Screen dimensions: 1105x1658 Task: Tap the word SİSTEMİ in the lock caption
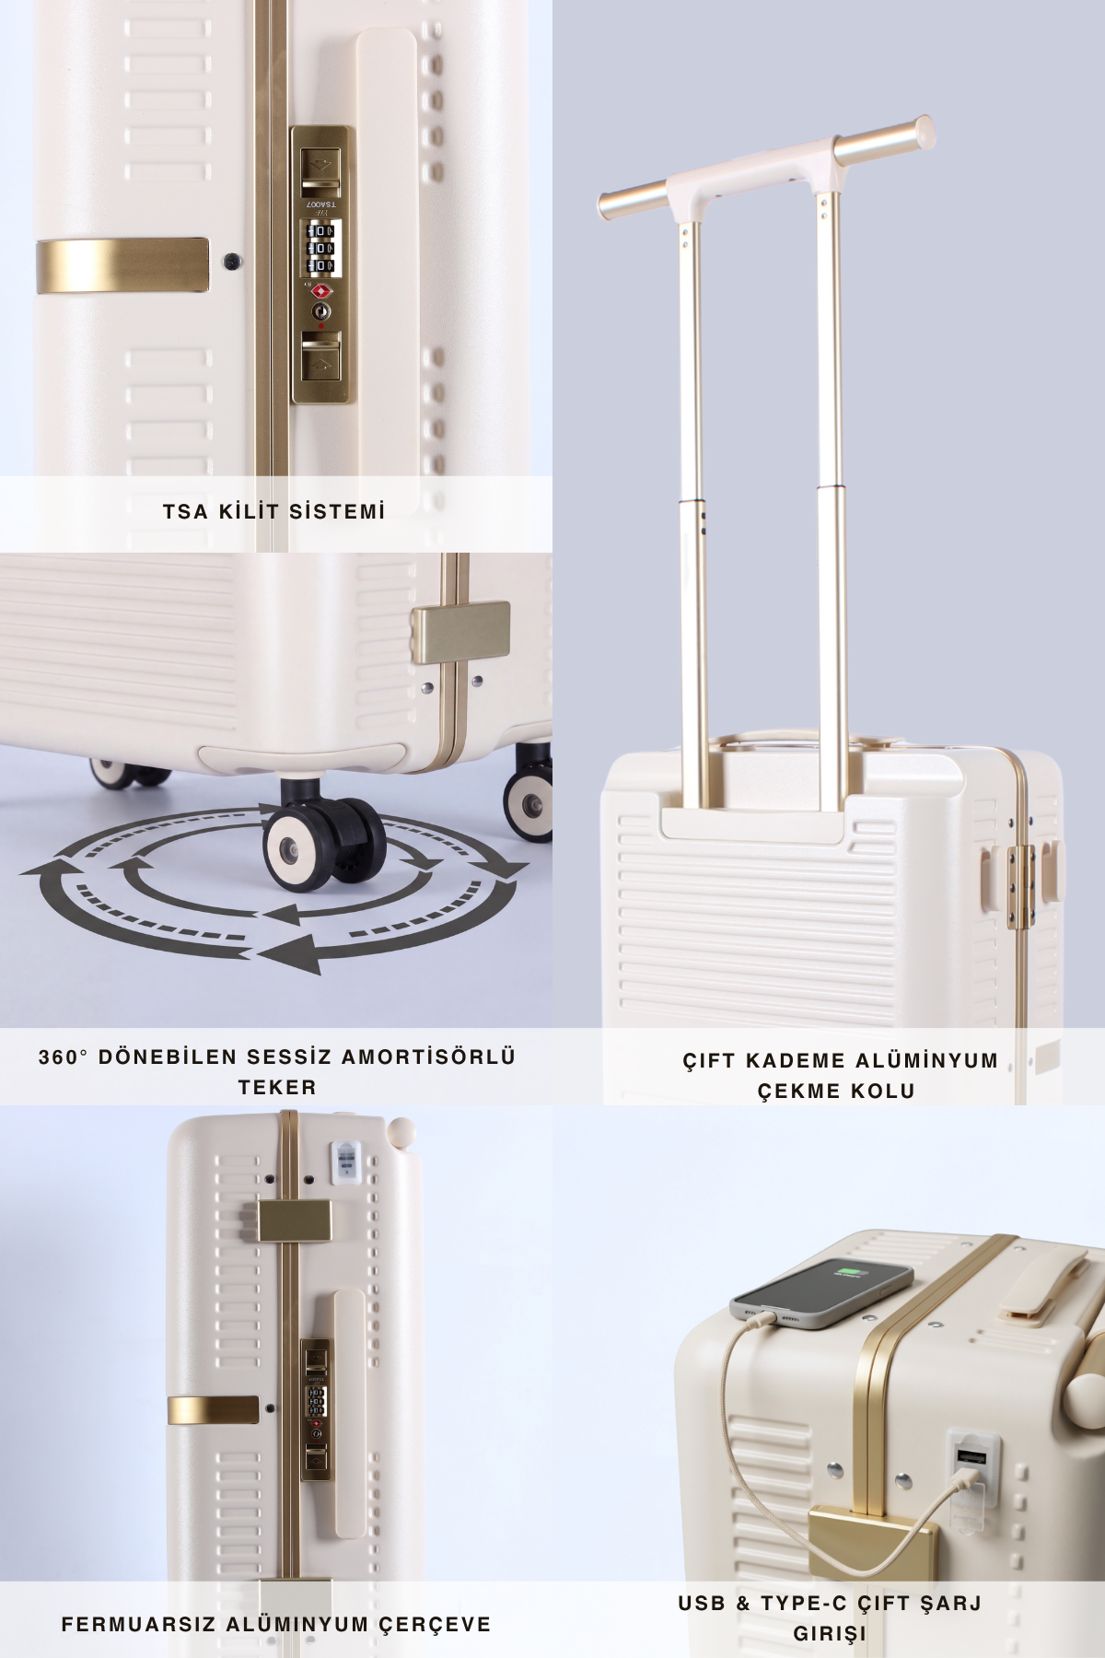pyautogui.click(x=338, y=511)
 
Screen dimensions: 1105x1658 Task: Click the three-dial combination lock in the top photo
pyautogui.click(x=321, y=248)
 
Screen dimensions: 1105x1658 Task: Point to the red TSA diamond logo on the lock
pyautogui.click(x=320, y=291)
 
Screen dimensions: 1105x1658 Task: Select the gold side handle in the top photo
pyautogui.click(x=122, y=265)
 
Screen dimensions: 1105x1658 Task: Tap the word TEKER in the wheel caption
pyautogui.click(x=277, y=1088)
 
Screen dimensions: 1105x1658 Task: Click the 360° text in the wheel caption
pyautogui.click(x=64, y=1057)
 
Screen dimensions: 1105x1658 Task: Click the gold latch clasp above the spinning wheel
pyautogui.click(x=460, y=625)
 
